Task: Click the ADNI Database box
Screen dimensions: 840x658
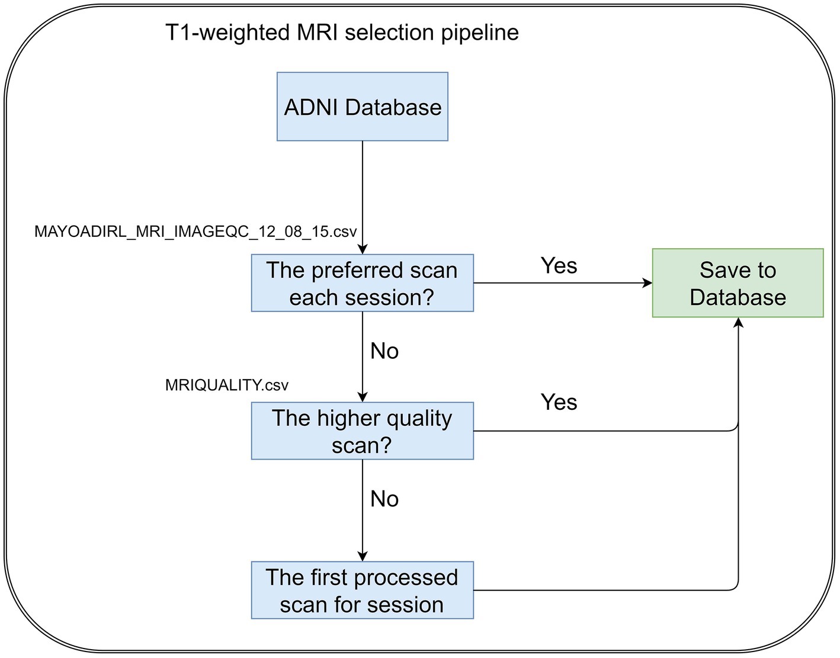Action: [x=362, y=106]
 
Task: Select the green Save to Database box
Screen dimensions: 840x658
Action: [x=738, y=283]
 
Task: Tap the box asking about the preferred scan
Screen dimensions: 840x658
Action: [x=362, y=283]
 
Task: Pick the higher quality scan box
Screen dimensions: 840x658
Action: [x=362, y=431]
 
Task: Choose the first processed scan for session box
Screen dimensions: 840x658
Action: [x=362, y=590]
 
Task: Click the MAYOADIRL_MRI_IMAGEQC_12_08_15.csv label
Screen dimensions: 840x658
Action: [x=195, y=232]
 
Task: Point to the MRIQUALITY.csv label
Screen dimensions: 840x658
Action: [x=227, y=385]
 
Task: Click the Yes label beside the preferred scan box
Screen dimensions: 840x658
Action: [x=559, y=265]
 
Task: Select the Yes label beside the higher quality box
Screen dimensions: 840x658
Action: [x=559, y=402]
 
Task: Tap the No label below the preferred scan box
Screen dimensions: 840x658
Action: [x=384, y=351]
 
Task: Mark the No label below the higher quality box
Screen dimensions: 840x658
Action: [x=384, y=499]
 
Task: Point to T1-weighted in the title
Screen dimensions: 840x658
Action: [x=227, y=32]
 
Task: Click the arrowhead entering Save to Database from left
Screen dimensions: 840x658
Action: [x=647, y=283]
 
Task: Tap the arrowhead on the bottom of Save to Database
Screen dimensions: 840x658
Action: [x=738, y=323]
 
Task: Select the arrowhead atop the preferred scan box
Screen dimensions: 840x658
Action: [x=362, y=249]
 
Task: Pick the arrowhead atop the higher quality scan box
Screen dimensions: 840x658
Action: [x=362, y=397]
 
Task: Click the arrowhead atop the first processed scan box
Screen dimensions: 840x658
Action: [x=362, y=556]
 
